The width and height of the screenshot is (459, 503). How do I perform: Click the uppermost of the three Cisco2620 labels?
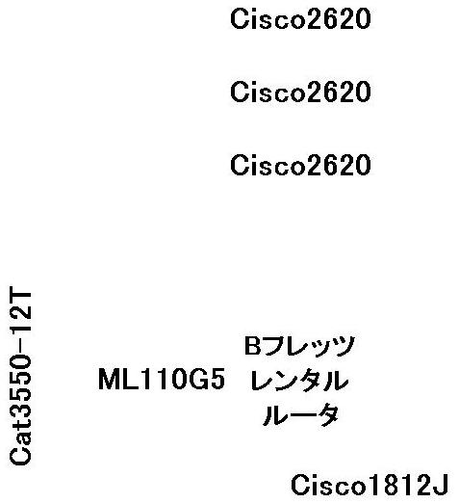pos(300,19)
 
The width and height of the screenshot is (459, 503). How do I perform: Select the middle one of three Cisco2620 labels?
pos(300,93)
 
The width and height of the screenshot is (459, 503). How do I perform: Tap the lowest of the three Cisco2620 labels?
pos(300,165)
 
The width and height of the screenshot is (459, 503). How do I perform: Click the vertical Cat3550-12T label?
pos(20,374)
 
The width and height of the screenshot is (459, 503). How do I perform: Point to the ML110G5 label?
pos(162,379)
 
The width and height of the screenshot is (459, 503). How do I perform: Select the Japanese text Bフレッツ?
pos(299,346)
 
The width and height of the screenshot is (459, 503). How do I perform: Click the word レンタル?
pos(299,381)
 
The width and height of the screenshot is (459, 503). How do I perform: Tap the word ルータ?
pos(300,415)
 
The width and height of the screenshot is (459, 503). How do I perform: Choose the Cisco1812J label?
pos(370,485)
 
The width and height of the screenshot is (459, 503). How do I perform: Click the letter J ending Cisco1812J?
pos(441,485)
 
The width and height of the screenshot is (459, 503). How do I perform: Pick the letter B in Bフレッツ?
pos(252,346)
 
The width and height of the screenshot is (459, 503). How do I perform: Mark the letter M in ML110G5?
pos(108,379)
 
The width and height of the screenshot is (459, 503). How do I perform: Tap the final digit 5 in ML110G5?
pos(217,380)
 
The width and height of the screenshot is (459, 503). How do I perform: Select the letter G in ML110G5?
pos(199,379)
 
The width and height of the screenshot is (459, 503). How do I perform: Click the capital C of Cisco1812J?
pos(300,485)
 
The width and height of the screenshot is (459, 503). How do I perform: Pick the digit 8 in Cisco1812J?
pos(387,485)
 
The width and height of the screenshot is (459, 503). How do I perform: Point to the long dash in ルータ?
pos(300,415)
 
